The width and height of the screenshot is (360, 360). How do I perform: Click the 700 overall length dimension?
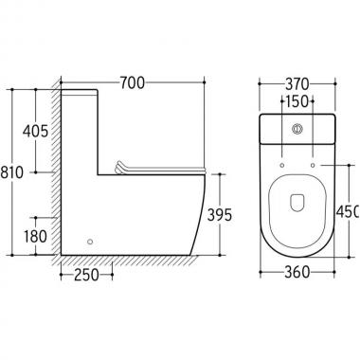pyautogui.click(x=133, y=84)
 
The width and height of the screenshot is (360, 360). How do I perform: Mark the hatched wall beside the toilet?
pyautogui.click(x=54, y=171)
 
